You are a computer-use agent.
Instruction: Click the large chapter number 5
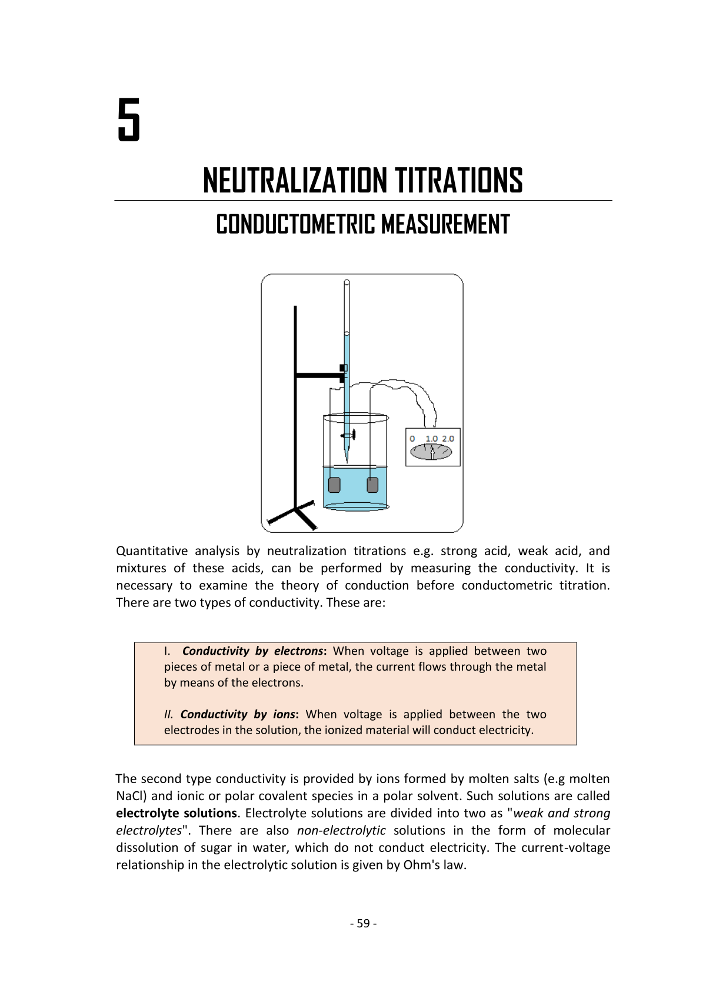pyautogui.click(x=129, y=120)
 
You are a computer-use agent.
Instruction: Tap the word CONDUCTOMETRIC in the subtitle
pyautogui.click(x=295, y=224)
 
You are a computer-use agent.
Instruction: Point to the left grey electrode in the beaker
pyautogui.click(x=334, y=485)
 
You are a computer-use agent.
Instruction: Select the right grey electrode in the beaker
pyautogui.click(x=372, y=485)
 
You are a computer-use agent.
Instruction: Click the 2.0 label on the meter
pyautogui.click(x=448, y=439)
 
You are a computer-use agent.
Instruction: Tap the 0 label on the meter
pyautogui.click(x=412, y=439)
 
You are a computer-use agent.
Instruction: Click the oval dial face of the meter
pyautogui.click(x=431, y=452)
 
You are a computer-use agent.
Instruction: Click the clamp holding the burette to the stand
pyautogui.click(x=343, y=372)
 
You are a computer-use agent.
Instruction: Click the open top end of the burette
pyautogui.click(x=347, y=283)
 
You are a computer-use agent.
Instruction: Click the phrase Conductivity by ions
pyautogui.click(x=238, y=714)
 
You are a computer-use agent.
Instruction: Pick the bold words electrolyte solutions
pyautogui.click(x=176, y=813)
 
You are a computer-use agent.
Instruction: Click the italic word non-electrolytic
pyautogui.click(x=341, y=830)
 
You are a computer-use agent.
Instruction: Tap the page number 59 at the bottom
pyautogui.click(x=363, y=923)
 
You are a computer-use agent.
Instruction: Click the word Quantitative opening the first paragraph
pyautogui.click(x=152, y=551)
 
